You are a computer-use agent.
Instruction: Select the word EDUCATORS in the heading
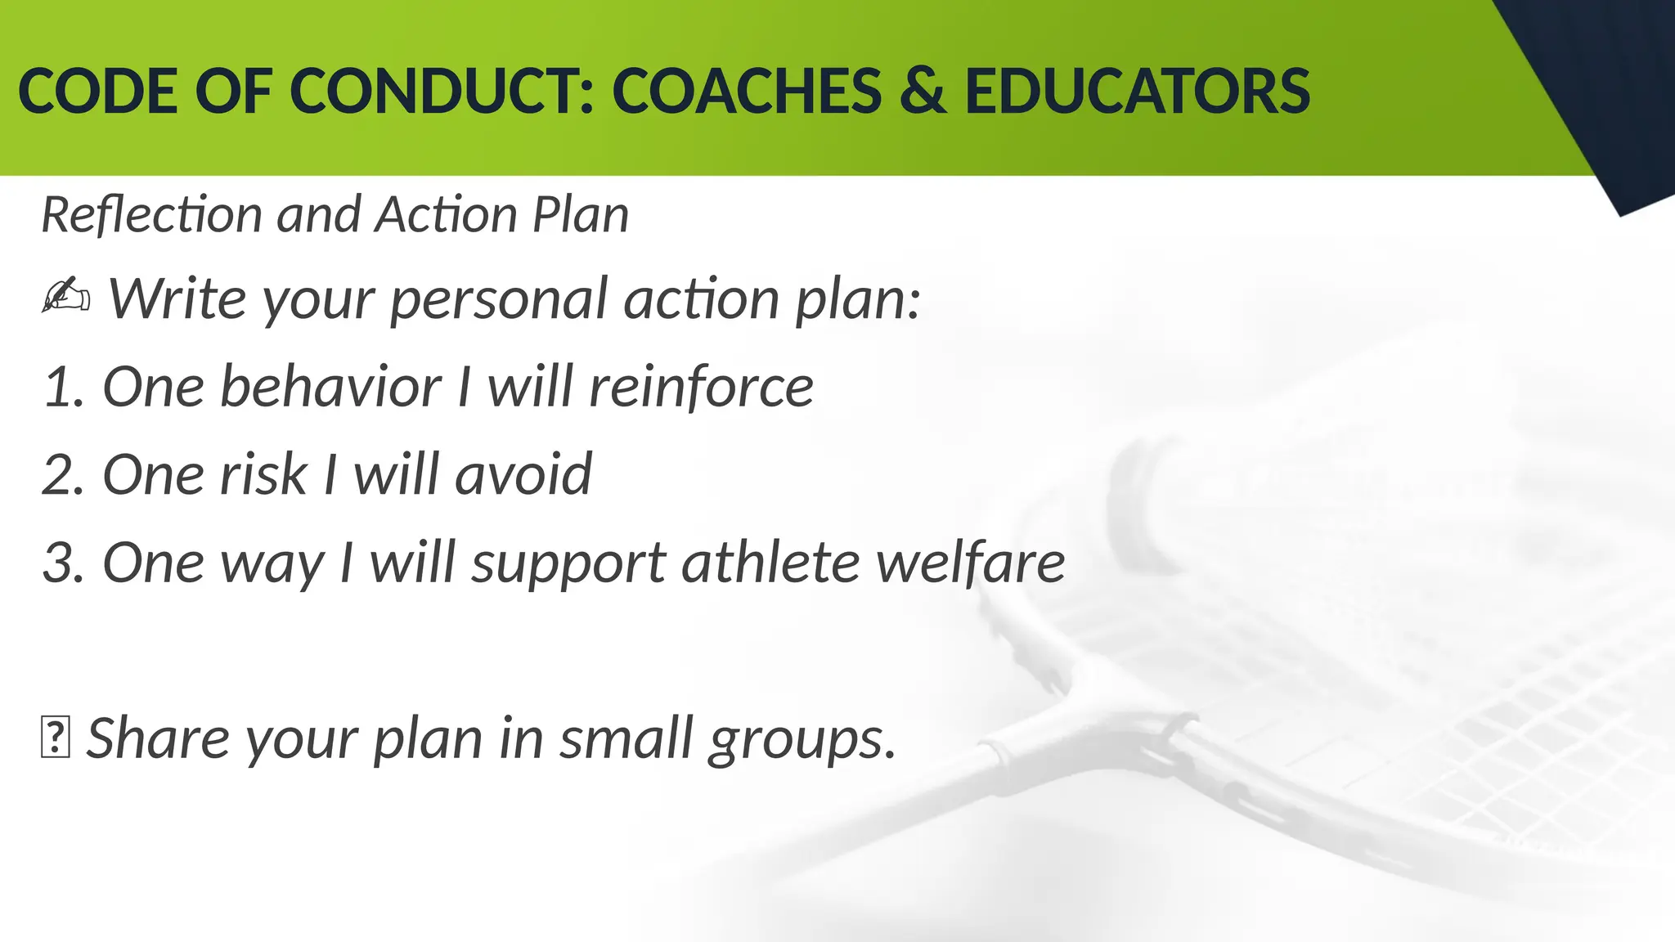tap(1137, 91)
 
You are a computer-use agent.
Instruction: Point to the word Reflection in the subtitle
tap(152, 215)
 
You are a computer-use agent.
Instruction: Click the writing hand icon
tap(65, 297)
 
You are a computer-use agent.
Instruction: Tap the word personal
tap(498, 299)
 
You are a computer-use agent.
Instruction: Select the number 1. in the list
tap(64, 388)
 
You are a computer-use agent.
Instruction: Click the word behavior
tap(330, 387)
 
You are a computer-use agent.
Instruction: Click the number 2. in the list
tap(64, 475)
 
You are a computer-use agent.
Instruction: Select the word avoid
tap(523, 475)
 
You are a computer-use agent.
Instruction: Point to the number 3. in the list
tap(64, 563)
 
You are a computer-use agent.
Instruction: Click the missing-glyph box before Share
tap(55, 738)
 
